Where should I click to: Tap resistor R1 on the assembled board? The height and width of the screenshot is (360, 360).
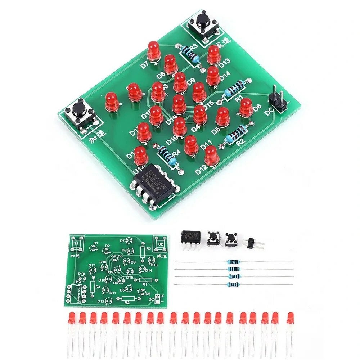(235, 87)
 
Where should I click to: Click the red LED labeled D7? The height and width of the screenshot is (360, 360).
(154, 51)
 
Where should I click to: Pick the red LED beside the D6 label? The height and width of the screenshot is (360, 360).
(246, 107)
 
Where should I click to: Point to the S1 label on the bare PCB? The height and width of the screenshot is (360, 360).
(76, 244)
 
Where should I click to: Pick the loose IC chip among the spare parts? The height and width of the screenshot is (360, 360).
(189, 238)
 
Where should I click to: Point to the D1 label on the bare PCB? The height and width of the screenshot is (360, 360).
(95, 243)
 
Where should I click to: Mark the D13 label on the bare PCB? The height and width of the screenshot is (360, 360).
(154, 265)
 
